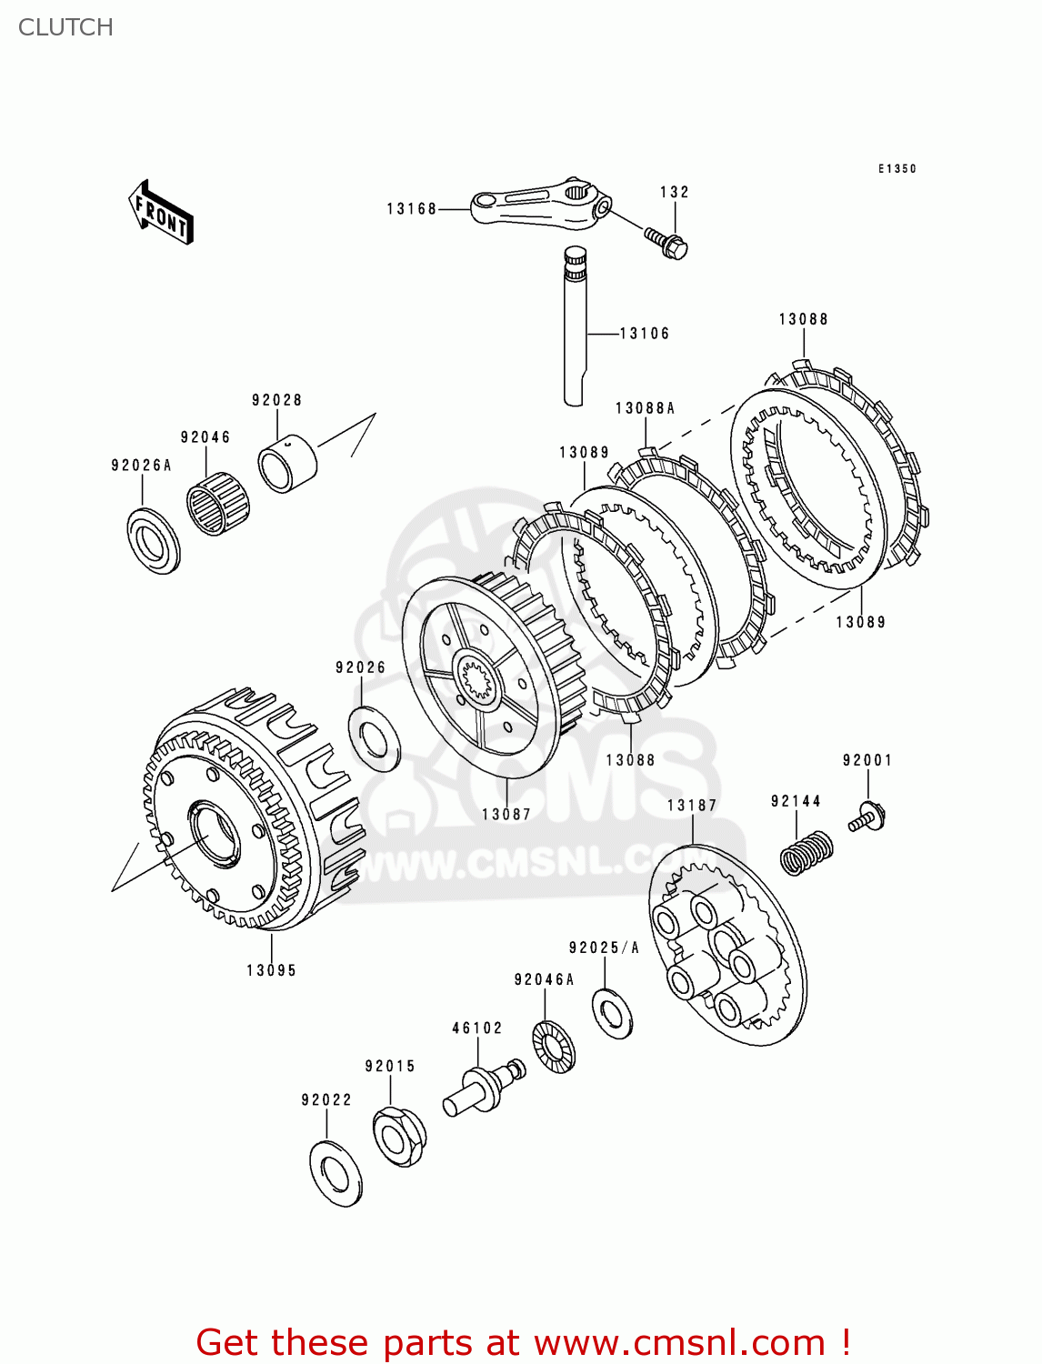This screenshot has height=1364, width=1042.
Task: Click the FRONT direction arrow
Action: click(x=162, y=213)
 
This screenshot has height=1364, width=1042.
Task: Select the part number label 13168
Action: click(x=411, y=209)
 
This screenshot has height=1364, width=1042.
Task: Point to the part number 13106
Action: click(x=644, y=334)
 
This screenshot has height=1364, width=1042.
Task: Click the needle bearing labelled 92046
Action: click(x=217, y=503)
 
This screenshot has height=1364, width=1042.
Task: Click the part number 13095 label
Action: click(x=271, y=970)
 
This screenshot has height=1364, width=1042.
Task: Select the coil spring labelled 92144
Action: click(x=807, y=853)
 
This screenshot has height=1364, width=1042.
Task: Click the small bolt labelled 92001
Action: click(x=867, y=816)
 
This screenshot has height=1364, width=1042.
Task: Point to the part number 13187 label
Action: click(x=691, y=805)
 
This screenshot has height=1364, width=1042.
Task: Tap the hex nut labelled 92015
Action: click(x=398, y=1137)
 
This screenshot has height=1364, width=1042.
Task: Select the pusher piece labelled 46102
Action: click(x=482, y=1088)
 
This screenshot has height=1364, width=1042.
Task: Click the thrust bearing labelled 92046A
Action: click(x=553, y=1048)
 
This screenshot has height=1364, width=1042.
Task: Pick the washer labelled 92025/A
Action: click(x=613, y=1013)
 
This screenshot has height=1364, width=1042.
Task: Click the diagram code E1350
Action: click(x=897, y=169)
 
